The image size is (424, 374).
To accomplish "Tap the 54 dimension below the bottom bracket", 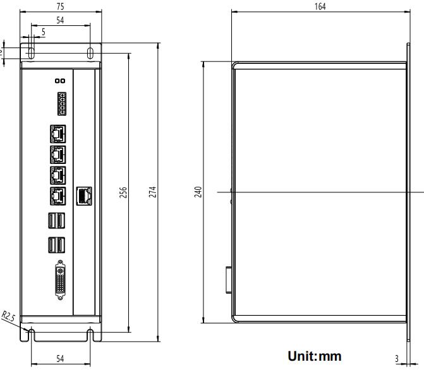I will pos(61,359).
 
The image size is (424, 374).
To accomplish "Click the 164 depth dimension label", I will pos(319,6).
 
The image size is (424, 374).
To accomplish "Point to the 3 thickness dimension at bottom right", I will pos(396,359).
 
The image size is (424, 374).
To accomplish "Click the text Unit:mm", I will pos(315,356).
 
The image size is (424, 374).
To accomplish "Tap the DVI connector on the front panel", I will pos(61,278).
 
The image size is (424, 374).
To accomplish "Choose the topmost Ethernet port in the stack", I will pos(56,133).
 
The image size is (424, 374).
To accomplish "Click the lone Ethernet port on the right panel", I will pos(84,196).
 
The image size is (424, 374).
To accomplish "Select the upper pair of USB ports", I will pos(56,221).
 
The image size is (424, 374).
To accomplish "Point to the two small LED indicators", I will pos(60,81).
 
